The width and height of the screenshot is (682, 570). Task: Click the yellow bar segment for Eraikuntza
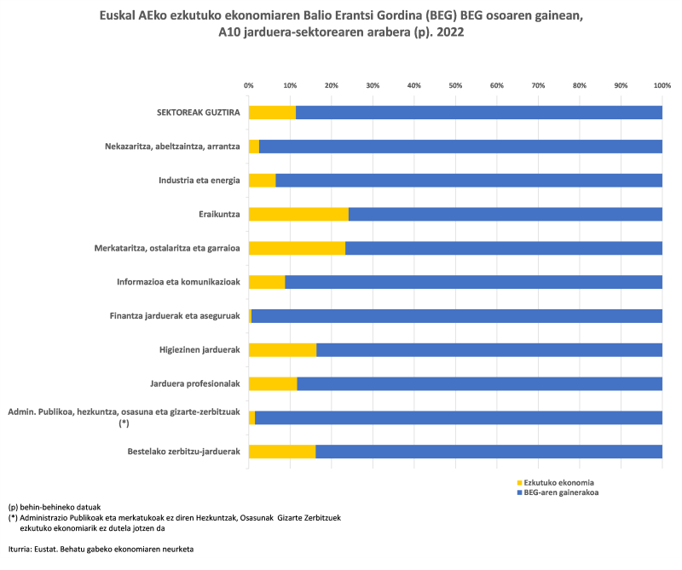click(298, 214)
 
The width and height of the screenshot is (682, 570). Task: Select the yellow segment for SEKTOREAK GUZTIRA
click(272, 112)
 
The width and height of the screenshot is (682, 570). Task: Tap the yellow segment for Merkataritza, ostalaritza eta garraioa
click(297, 248)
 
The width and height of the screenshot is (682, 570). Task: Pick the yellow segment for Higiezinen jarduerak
click(282, 349)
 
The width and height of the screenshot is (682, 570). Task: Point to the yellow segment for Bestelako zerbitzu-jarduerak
click(282, 452)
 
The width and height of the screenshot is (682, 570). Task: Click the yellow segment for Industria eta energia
click(262, 180)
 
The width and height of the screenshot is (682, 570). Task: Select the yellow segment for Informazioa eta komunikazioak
click(267, 281)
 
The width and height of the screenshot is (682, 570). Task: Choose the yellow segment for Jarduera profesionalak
click(273, 383)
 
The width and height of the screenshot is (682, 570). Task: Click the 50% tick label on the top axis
click(455, 86)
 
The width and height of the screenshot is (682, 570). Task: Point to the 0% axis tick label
click(248, 86)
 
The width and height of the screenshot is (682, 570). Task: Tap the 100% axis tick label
click(662, 86)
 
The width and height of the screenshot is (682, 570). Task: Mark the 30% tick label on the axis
click(373, 86)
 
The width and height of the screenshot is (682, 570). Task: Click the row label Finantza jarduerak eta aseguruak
click(175, 316)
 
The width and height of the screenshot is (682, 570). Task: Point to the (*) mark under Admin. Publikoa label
click(124, 423)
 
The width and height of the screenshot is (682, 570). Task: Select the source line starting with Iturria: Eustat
click(101, 550)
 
